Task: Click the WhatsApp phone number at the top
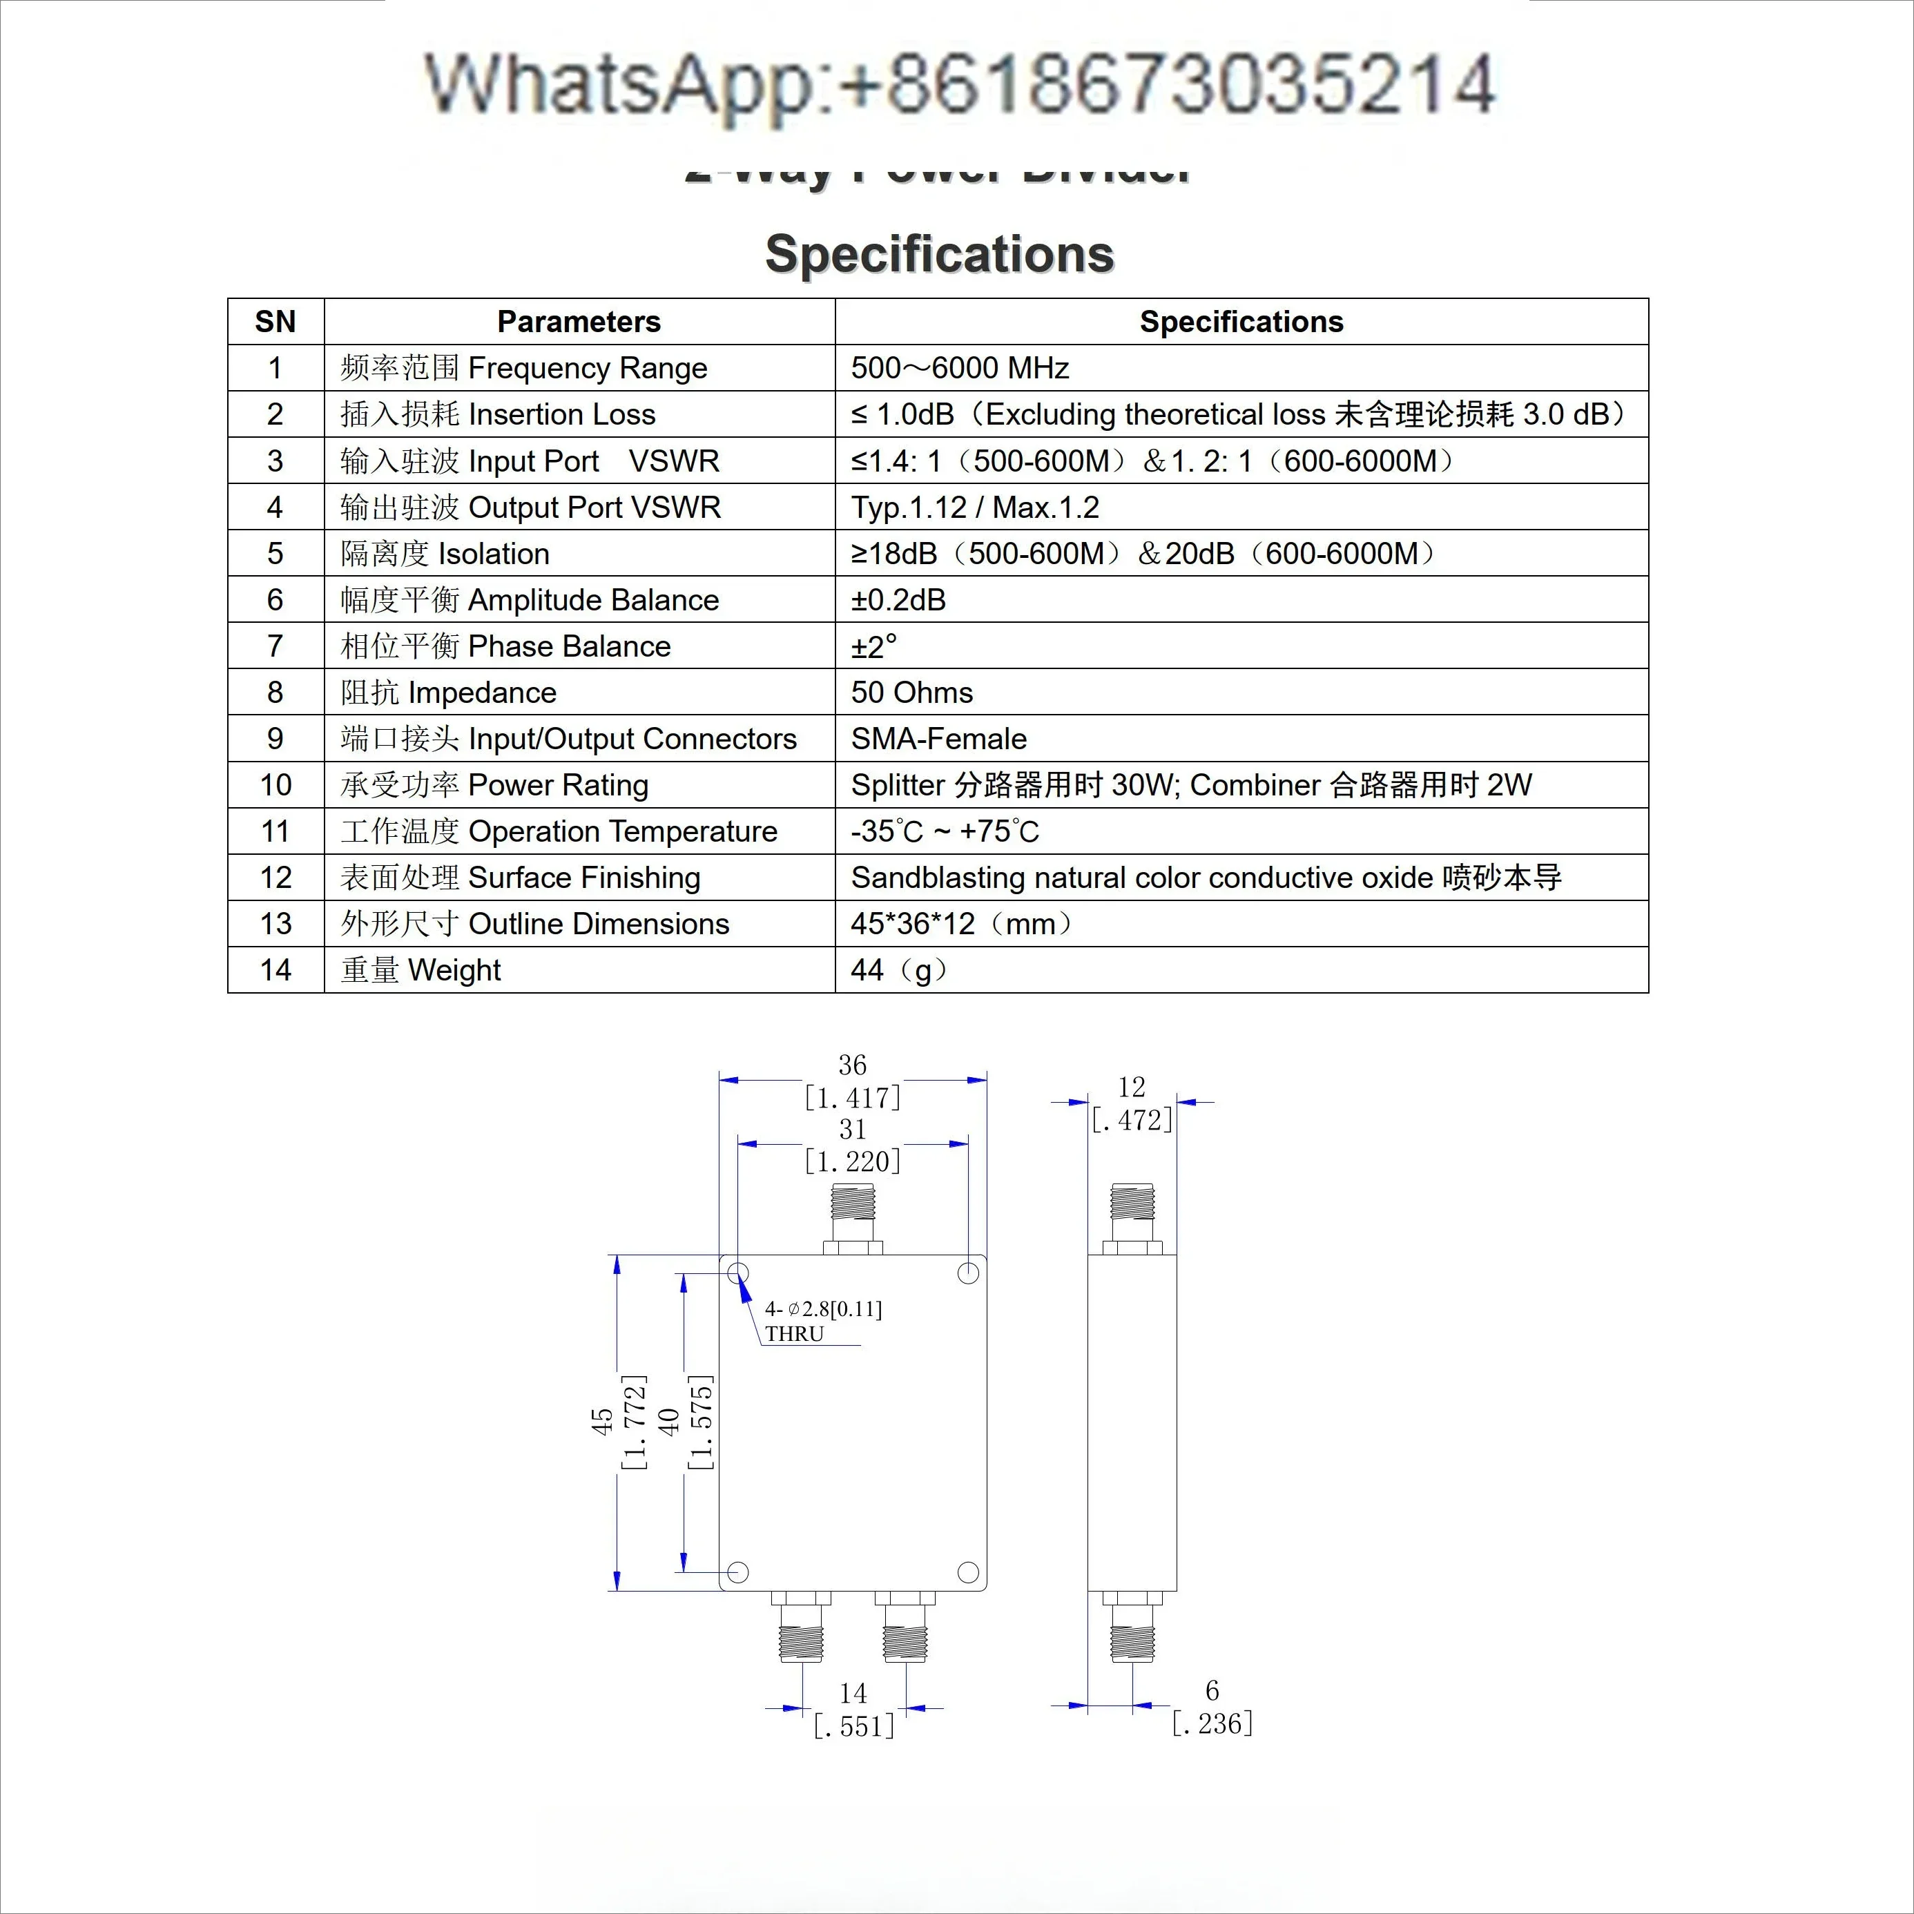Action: point(959,85)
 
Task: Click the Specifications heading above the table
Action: point(939,255)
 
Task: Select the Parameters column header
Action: point(579,322)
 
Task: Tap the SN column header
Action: point(275,322)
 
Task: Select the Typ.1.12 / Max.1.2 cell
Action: point(975,507)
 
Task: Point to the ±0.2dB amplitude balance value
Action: point(898,600)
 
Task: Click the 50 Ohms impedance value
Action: point(911,693)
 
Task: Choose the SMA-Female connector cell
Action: point(938,739)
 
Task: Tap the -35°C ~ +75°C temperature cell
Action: point(944,831)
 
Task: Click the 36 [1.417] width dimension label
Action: point(852,1082)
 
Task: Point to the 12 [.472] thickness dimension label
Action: point(1132,1103)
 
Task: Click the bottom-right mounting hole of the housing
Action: point(968,1572)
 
